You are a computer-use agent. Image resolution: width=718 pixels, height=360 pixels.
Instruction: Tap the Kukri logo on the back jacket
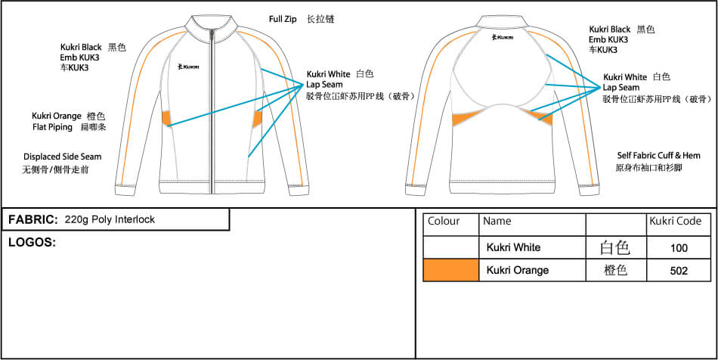(503, 36)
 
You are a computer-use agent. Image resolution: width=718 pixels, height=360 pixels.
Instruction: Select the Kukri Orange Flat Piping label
(57, 121)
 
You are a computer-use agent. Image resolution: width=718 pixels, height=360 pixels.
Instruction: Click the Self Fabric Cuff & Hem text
(659, 155)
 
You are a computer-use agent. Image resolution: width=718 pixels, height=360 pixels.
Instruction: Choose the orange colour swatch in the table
(451, 270)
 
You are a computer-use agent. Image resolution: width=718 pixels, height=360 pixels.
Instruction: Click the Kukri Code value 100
(679, 247)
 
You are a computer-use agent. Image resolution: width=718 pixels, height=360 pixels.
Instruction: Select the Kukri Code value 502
(679, 270)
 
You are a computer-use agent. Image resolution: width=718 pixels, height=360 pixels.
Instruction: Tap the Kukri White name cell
(513, 247)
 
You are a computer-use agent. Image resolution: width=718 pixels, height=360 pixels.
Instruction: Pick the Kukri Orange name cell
(517, 270)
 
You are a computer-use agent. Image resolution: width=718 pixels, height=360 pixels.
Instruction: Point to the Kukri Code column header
(675, 222)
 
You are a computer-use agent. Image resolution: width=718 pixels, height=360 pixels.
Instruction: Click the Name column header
(497, 222)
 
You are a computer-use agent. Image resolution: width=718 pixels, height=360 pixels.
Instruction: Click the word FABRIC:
(33, 219)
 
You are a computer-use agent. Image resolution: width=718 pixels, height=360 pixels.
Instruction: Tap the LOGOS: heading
(32, 242)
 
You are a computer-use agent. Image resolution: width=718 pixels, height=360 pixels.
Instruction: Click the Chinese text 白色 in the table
(614, 247)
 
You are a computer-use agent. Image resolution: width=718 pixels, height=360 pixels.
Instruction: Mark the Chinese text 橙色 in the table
(615, 270)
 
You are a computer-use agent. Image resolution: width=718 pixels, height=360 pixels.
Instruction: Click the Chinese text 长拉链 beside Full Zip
(320, 18)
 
